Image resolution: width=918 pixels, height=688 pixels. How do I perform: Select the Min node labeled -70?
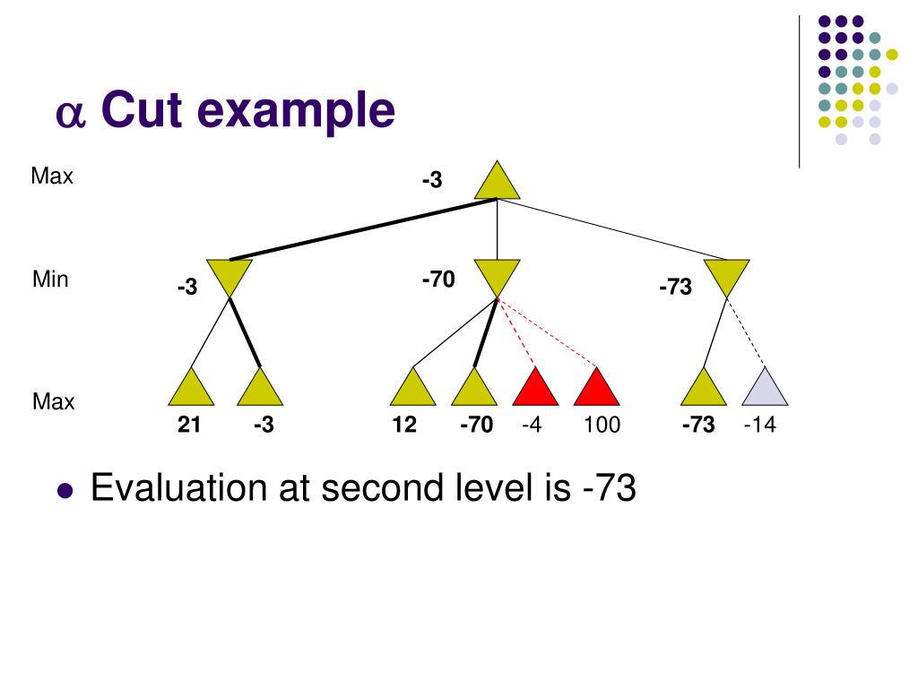[x=497, y=275]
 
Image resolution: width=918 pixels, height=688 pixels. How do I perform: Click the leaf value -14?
[x=760, y=424]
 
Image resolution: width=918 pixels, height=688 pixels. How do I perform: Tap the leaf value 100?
[x=602, y=424]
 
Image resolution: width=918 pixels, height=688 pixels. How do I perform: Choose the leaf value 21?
[x=189, y=424]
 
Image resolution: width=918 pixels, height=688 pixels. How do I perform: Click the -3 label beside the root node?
[x=432, y=179]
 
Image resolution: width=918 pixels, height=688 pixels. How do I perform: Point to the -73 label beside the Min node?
[x=676, y=287]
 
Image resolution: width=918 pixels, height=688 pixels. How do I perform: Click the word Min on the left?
[x=50, y=279]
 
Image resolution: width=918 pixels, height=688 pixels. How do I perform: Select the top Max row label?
[x=52, y=176]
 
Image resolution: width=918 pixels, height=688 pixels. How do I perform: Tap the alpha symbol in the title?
[x=71, y=114]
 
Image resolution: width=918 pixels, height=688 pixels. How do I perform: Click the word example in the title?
[x=296, y=111]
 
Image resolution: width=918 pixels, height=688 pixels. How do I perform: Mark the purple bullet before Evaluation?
[x=65, y=490]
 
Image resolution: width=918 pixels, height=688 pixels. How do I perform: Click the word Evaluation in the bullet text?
[x=180, y=487]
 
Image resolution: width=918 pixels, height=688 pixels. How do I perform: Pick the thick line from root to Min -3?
[x=363, y=229]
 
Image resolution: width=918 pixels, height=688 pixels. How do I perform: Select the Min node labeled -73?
[x=726, y=275]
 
